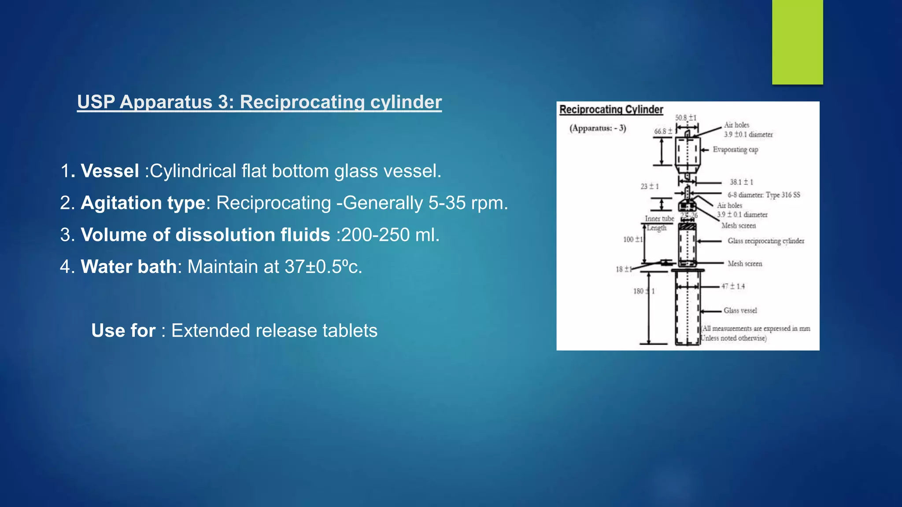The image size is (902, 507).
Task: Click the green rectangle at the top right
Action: (797, 42)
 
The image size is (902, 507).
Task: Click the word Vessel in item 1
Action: (110, 171)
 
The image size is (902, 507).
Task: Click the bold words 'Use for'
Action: (123, 331)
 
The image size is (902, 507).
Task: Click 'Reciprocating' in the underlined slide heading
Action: (302, 102)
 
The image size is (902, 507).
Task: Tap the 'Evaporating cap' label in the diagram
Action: (735, 150)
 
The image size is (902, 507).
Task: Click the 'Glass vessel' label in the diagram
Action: (740, 311)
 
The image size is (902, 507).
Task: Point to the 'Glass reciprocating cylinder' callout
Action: (765, 241)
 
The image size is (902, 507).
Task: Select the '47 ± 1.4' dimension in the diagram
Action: (733, 287)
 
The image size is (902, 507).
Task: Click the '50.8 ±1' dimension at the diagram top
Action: (686, 118)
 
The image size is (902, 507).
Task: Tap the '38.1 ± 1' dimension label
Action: (741, 182)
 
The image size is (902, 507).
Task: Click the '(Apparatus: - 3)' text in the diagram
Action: (598, 129)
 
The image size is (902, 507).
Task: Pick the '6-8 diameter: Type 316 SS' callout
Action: (763, 195)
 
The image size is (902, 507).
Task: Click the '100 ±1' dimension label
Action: (632, 239)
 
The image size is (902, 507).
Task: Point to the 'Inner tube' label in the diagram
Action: (659, 219)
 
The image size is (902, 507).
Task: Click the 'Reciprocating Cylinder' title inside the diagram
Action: (611, 110)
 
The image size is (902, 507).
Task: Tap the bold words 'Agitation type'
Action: (143, 203)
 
